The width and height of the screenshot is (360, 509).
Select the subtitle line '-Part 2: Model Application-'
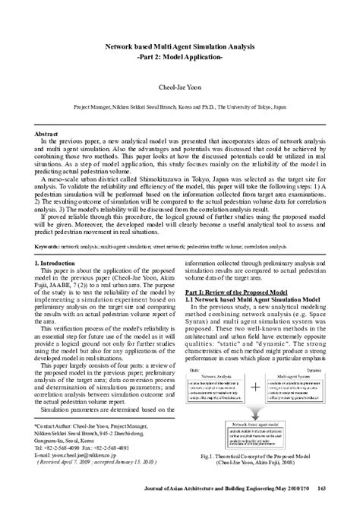179,56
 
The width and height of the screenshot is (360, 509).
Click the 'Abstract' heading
47,134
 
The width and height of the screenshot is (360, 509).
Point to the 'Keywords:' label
48,226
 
